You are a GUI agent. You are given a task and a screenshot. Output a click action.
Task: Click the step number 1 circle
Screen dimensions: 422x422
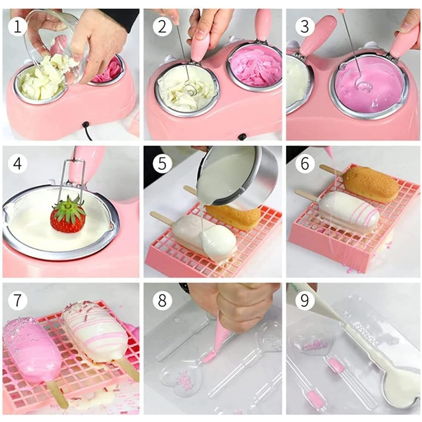[17, 26]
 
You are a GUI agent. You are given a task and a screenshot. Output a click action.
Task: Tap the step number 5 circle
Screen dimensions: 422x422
[162, 164]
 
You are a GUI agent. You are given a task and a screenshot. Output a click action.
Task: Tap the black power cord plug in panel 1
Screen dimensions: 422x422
[86, 125]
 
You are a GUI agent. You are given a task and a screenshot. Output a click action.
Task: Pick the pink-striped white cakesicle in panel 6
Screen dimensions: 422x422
[350, 212]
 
